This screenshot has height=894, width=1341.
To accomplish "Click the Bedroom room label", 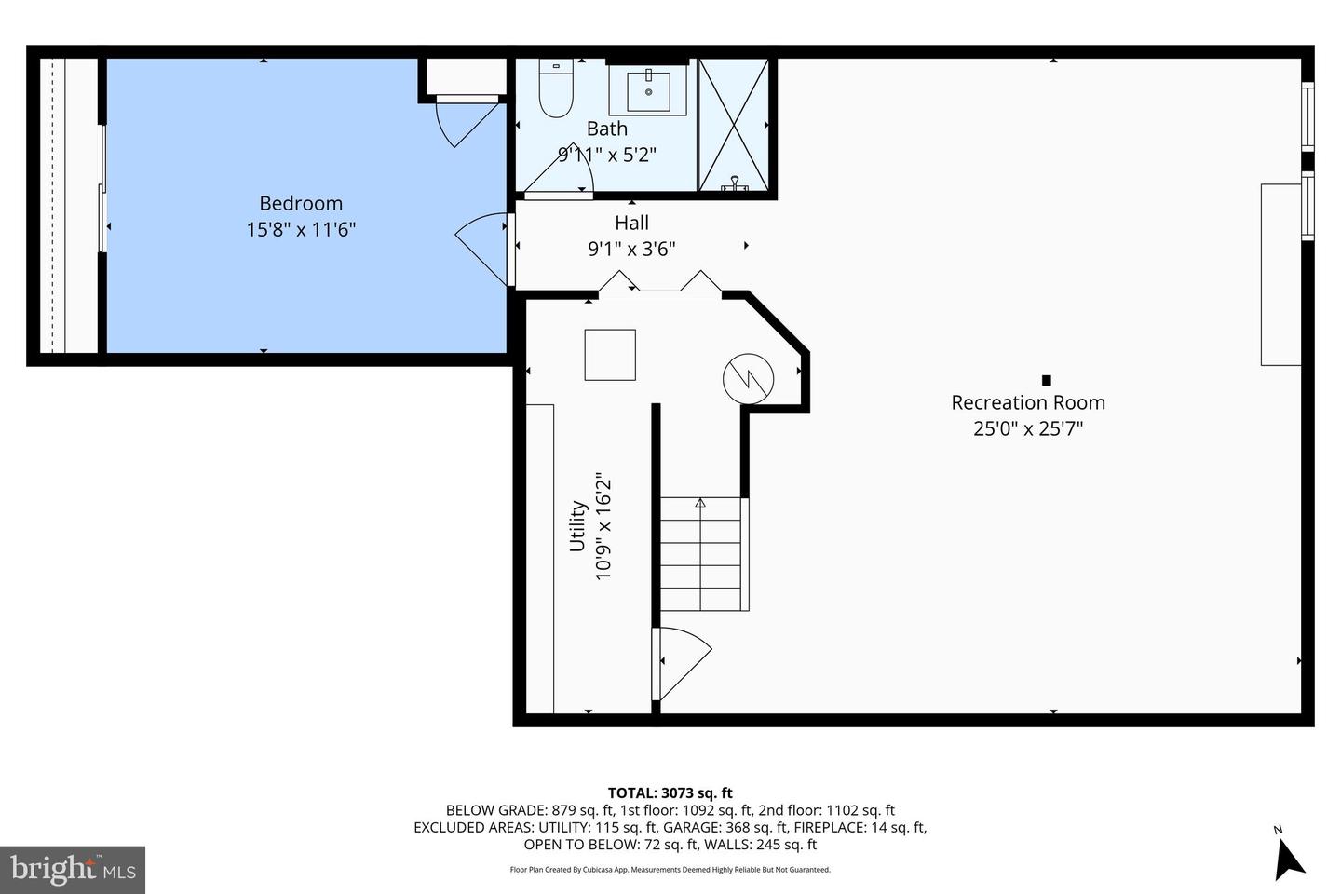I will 301,203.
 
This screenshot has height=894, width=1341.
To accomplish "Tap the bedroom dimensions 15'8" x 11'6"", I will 301,229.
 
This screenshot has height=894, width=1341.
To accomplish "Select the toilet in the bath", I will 556,90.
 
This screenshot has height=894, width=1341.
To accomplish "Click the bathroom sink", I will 648,91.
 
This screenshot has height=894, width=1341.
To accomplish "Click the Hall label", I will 631,223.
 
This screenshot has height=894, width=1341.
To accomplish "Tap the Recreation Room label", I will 1028,402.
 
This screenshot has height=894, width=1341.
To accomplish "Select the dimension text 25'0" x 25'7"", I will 1028,428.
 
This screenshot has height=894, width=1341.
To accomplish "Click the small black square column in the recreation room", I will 1046,380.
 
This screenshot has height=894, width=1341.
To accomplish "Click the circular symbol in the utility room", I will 749,378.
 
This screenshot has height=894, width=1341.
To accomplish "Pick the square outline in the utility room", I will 610,355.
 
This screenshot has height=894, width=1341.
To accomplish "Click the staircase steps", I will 704,554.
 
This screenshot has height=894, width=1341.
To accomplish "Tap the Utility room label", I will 578,527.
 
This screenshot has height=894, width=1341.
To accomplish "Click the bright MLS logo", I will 73,870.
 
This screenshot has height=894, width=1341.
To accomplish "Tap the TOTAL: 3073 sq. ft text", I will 670,793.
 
